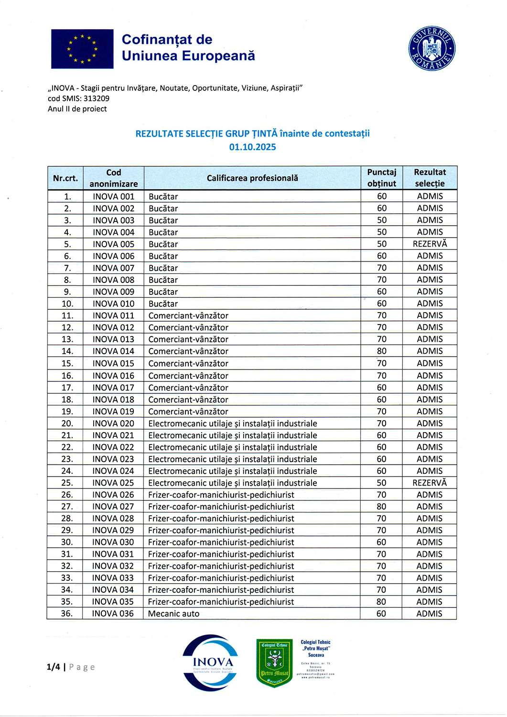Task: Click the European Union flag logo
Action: pyautogui.click(x=82, y=49)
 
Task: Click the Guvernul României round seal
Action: pyautogui.click(x=431, y=48)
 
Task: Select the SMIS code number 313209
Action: pyautogui.click(x=97, y=98)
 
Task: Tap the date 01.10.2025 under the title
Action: pyautogui.click(x=252, y=147)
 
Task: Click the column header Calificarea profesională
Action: pyautogui.click(x=252, y=178)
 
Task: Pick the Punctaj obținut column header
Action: pyautogui.click(x=381, y=178)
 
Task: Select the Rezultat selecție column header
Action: pyautogui.click(x=430, y=178)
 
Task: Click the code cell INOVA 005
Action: pyautogui.click(x=114, y=244)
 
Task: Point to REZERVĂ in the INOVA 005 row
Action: pyautogui.click(x=430, y=244)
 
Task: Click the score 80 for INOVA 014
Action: pyautogui.click(x=382, y=351)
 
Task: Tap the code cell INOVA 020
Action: pyautogui.click(x=113, y=424)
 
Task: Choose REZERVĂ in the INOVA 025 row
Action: pyautogui.click(x=430, y=483)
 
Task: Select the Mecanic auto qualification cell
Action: pyautogui.click(x=174, y=614)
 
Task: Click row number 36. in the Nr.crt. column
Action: pyautogui.click(x=67, y=614)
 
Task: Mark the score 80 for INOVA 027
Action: pyautogui.click(x=381, y=507)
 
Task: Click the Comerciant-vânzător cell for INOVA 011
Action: pyautogui.click(x=188, y=316)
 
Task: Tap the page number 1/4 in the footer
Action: pyautogui.click(x=54, y=667)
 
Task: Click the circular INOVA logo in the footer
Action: pyautogui.click(x=211, y=663)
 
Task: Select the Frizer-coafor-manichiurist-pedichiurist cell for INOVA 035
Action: pyautogui.click(x=221, y=602)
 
